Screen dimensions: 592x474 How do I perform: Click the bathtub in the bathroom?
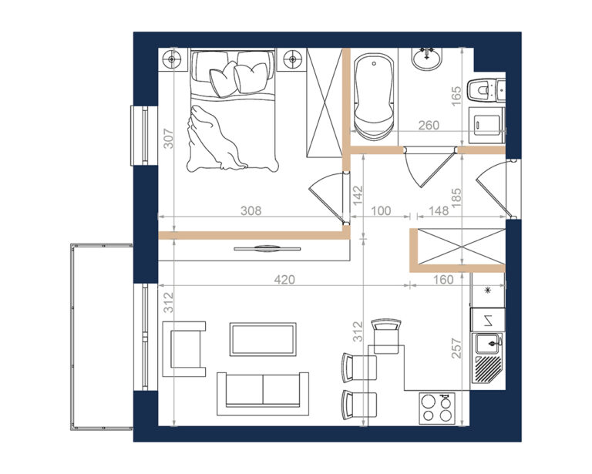[374, 97]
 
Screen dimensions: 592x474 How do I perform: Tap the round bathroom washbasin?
[426, 59]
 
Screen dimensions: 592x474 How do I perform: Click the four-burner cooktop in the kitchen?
[437, 408]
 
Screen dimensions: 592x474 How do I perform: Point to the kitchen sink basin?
[488, 344]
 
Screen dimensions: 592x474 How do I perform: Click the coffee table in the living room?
[263, 339]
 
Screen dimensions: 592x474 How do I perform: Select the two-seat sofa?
[263, 394]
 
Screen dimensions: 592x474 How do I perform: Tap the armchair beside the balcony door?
[184, 348]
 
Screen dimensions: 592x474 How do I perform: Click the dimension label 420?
[284, 280]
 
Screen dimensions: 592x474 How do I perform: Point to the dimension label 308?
[251, 210]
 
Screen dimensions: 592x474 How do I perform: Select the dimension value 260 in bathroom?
[429, 125]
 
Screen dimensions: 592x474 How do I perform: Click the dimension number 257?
[457, 348]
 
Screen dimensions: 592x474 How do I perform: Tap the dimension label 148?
[439, 210]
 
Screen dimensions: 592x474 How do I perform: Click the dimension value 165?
[456, 96]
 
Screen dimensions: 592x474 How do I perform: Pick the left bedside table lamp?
[172, 59]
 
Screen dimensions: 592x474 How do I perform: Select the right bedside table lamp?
[292, 59]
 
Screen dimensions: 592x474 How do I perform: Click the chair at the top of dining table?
[386, 336]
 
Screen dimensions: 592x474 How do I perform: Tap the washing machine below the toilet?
[486, 126]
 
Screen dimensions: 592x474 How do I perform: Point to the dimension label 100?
[381, 210]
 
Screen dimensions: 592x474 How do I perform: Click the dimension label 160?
[443, 280]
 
